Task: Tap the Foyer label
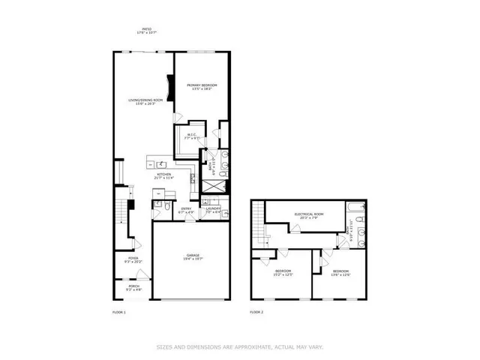132,259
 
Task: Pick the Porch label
133,286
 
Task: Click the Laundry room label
213,211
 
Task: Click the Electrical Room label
309,214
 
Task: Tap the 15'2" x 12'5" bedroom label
283,271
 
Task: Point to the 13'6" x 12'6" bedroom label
340,271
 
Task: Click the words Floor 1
118,310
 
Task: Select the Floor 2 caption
257,310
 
